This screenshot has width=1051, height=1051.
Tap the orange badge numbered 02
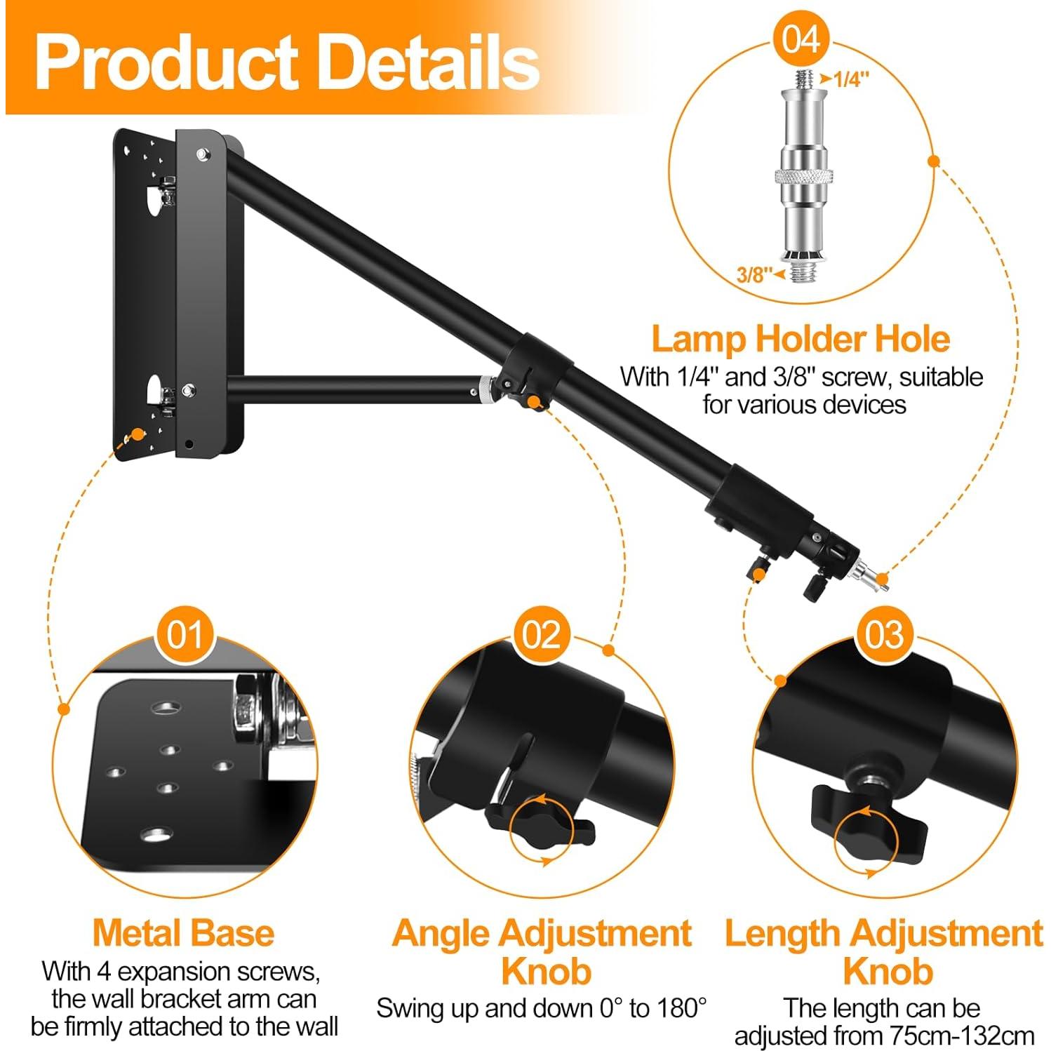pyautogui.click(x=541, y=635)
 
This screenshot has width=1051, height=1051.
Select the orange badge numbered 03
pyautogui.click(x=884, y=635)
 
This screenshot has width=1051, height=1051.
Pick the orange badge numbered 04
pyautogui.click(x=801, y=39)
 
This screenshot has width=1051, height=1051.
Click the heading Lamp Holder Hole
pyautogui.click(x=801, y=339)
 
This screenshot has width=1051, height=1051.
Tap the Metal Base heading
pyautogui.click(x=183, y=933)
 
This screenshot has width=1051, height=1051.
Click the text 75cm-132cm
pyautogui.click(x=962, y=1036)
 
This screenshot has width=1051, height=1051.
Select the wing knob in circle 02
pyautogui.click(x=540, y=828)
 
